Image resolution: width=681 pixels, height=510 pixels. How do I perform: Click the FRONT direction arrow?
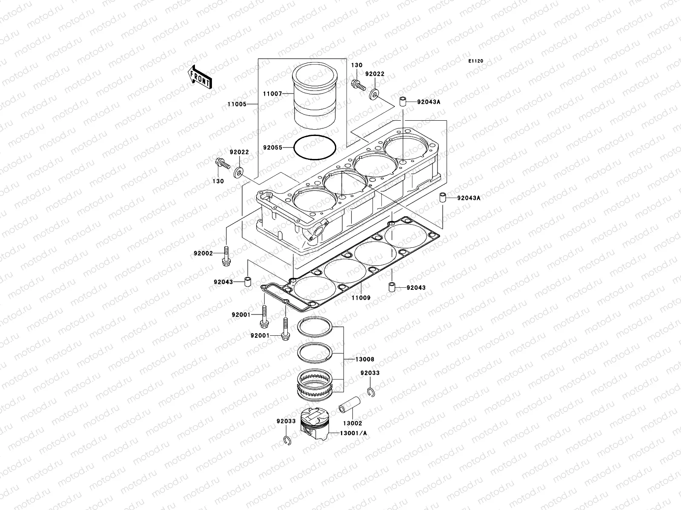point(201,76)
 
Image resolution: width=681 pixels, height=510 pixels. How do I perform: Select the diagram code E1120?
point(476,61)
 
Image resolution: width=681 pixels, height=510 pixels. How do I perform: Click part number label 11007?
point(284,93)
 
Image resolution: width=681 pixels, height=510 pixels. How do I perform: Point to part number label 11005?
point(236,104)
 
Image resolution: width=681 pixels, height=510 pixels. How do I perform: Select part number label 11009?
point(361,298)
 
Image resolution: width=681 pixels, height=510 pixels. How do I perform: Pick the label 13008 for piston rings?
point(365,359)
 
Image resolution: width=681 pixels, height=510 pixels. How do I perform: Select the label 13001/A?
point(354,433)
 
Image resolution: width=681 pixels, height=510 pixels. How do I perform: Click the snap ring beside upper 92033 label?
point(370,392)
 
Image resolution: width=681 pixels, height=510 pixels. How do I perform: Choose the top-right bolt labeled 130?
point(358,85)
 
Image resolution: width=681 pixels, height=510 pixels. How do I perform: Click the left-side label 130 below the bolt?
point(218,181)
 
